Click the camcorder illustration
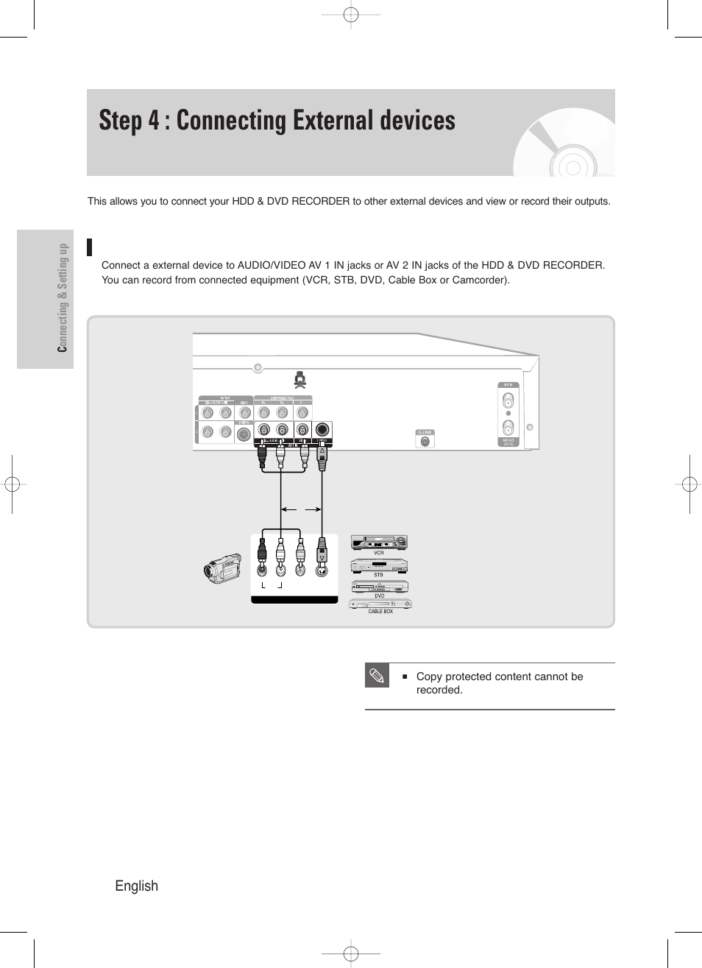pos(223,568)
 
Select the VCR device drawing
pos(378,543)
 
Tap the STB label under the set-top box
pos(378,575)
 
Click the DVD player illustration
pos(380,587)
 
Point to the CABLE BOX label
pos(380,611)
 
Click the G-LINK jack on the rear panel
pos(425,441)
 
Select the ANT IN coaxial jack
pos(508,401)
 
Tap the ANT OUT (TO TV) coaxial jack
pos(508,428)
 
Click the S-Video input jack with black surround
pos(322,430)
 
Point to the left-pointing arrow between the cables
pos(288,509)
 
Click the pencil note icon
pos(377,676)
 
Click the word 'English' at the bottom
pos(136,886)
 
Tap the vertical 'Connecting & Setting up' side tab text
pos(63,297)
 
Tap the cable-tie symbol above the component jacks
pos(300,380)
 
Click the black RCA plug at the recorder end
pos(262,457)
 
